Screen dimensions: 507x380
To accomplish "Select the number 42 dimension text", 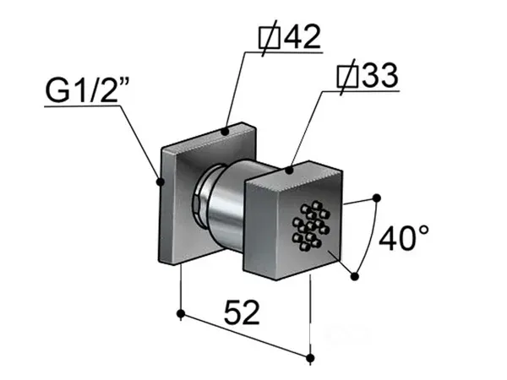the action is [x=302, y=36].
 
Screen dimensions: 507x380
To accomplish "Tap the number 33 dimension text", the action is [x=379, y=75].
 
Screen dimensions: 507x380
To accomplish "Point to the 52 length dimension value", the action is [x=242, y=312].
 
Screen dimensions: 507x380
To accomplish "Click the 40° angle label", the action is [x=404, y=238].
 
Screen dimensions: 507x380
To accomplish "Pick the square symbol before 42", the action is [x=270, y=38].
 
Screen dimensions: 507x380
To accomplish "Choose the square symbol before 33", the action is [x=347, y=77].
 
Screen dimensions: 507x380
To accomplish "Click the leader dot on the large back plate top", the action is [x=225, y=132].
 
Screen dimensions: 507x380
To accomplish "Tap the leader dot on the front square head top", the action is [x=289, y=170].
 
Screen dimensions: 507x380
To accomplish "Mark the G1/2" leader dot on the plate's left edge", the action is [x=160, y=182].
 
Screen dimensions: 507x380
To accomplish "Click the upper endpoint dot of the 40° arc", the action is [x=376, y=198].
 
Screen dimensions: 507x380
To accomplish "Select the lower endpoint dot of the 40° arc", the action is [x=355, y=277].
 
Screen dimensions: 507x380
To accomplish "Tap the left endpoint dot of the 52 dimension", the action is [x=181, y=313].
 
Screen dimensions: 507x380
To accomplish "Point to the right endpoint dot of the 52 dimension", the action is [x=310, y=358].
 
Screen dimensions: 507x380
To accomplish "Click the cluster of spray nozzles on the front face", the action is [x=311, y=225].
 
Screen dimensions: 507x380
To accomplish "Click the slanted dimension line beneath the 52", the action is [x=246, y=336].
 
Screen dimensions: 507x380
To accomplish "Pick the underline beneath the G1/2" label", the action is [x=83, y=106].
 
